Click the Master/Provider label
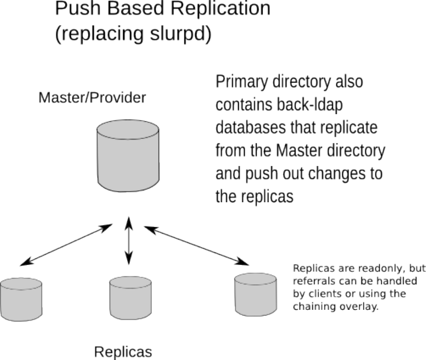pos(92,98)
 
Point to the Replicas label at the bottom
pos(123,352)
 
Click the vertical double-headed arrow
pos(128,241)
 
